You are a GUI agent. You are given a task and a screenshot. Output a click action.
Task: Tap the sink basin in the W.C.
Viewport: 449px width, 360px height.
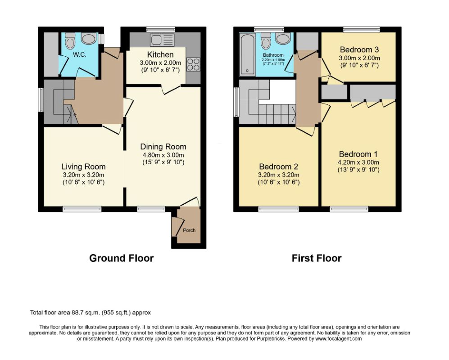pyautogui.click(x=90, y=39)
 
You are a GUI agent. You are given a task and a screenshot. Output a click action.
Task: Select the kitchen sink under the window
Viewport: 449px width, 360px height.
pyautogui.click(x=162, y=40)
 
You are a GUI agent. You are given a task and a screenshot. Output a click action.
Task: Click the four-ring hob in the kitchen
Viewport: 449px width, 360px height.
pyautogui.click(x=193, y=64)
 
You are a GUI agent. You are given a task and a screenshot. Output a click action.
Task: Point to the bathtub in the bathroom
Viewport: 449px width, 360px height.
pyautogui.click(x=247, y=54)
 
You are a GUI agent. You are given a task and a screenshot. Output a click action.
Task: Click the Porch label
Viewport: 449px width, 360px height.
pyautogui.click(x=189, y=230)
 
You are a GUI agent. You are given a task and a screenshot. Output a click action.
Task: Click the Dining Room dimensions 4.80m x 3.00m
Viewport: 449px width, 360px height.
pyautogui.click(x=163, y=155)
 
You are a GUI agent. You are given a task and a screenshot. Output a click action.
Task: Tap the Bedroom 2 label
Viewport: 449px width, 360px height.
pyautogui.click(x=278, y=166)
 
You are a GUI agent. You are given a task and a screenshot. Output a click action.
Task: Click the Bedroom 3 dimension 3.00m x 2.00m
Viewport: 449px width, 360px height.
pyautogui.click(x=359, y=58)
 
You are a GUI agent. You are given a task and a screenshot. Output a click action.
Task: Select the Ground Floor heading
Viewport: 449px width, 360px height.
pyautogui.click(x=121, y=258)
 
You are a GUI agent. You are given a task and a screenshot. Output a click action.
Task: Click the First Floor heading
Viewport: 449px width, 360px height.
pyautogui.click(x=316, y=258)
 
